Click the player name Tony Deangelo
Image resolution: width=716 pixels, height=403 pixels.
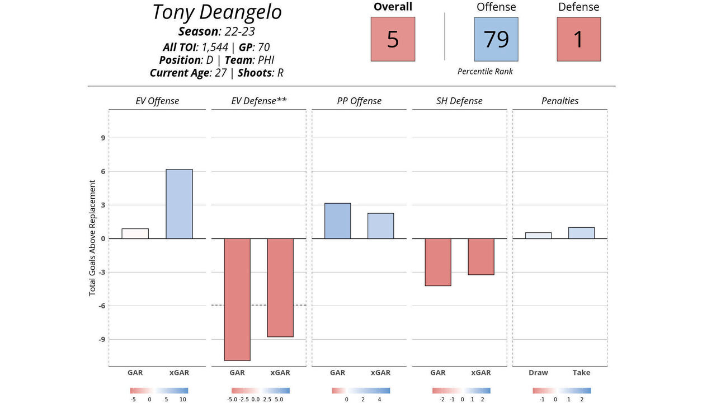pyautogui.click(x=216, y=12)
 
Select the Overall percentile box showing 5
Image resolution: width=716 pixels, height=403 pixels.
pyautogui.click(x=393, y=39)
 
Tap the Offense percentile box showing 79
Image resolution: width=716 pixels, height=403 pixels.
pyautogui.click(x=496, y=39)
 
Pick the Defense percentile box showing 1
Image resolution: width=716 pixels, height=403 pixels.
pyautogui.click(x=578, y=39)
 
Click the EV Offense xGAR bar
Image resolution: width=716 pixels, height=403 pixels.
pyautogui.click(x=179, y=204)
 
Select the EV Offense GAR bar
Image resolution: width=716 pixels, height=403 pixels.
pyautogui.click(x=135, y=233)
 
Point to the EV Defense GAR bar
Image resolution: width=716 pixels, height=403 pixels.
pyautogui.click(x=237, y=299)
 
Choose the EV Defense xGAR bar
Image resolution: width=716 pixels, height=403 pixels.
pyautogui.click(x=280, y=288)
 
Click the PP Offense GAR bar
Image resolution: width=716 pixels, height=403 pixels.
pyautogui.click(x=337, y=221)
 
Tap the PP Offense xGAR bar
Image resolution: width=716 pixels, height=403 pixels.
pyautogui.click(x=380, y=226)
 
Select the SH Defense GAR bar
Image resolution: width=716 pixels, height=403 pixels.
pyautogui.click(x=438, y=262)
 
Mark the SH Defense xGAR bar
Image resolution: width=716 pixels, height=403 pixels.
pyautogui.click(x=481, y=256)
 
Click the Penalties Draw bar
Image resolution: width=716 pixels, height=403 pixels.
pyautogui.click(x=538, y=236)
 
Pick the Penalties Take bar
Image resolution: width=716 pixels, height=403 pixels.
pyautogui.click(x=581, y=233)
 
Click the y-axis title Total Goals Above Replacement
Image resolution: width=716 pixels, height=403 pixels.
pyautogui.click(x=93, y=238)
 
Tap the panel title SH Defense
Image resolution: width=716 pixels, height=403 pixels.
pyautogui.click(x=459, y=101)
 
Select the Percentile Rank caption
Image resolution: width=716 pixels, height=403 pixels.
pyautogui.click(x=485, y=72)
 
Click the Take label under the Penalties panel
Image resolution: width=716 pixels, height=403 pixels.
pyautogui.click(x=581, y=373)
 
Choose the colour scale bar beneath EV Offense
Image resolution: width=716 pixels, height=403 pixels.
pyautogui.click(x=159, y=391)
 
